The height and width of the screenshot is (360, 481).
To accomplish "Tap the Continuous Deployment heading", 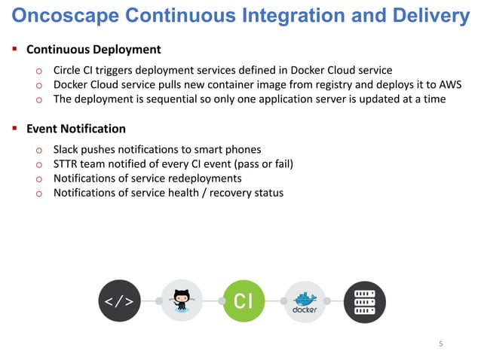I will point(93,50).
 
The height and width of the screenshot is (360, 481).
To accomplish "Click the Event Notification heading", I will point(76,130).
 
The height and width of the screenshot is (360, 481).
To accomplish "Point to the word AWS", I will point(449,84).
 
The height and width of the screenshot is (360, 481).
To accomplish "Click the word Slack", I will point(67,149).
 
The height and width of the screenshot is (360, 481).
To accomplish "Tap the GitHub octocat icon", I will point(182,301).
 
